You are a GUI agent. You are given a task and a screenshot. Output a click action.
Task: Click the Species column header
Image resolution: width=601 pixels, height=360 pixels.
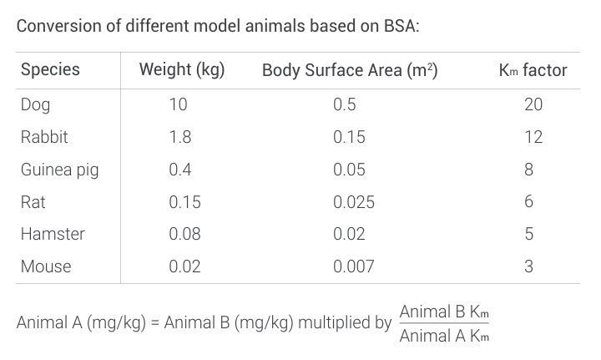coord(50,69)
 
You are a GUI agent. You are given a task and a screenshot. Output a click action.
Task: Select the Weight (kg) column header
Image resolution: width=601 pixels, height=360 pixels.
coord(182,69)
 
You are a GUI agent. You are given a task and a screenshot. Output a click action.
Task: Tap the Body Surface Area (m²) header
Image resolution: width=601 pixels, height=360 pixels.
coord(350,69)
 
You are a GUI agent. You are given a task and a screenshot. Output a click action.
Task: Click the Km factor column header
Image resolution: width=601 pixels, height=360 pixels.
coord(533,69)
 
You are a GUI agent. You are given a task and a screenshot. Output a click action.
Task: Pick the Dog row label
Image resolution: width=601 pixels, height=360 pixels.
coord(35,104)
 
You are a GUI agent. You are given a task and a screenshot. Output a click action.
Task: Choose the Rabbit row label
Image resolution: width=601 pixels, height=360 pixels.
coord(44,137)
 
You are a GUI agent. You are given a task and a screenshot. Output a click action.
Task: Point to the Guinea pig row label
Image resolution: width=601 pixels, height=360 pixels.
coord(59,170)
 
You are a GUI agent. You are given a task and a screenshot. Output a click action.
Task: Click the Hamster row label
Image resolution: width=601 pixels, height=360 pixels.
coord(53,234)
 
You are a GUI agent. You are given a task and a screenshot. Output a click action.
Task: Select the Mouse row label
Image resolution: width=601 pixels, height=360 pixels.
coord(46,266)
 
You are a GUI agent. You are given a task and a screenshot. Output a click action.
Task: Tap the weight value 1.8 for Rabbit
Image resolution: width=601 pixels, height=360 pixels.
coord(179,137)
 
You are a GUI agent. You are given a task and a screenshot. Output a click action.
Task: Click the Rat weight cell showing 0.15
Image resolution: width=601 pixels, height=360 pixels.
coord(184,202)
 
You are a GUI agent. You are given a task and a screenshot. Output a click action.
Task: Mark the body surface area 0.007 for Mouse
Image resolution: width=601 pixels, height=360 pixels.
coord(353,266)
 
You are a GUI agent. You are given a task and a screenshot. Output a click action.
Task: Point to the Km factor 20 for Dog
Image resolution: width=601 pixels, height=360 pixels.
coord(533,104)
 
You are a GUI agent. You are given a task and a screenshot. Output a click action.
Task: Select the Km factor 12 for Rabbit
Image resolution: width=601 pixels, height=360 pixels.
coord(533,137)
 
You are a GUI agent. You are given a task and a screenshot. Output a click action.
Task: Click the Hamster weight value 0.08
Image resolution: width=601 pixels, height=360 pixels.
coord(184,234)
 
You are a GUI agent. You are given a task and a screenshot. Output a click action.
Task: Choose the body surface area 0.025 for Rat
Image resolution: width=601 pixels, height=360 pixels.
coord(353,202)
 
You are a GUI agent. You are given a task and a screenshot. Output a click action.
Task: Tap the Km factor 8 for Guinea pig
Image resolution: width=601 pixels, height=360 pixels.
coord(528,170)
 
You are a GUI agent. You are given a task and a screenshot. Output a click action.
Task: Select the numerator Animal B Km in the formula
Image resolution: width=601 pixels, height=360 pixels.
coord(444,312)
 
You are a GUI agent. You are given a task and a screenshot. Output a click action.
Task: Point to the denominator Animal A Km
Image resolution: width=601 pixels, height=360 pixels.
coord(444,337)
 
